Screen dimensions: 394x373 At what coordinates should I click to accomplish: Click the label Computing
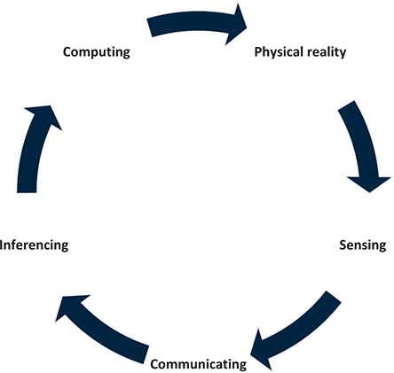click(x=97, y=52)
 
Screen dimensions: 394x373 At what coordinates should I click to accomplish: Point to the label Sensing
click(x=363, y=245)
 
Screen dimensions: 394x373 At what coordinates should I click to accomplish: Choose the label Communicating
click(x=199, y=364)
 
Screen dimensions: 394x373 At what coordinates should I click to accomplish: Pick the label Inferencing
click(x=34, y=245)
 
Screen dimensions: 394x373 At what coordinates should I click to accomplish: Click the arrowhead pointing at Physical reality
click(x=237, y=25)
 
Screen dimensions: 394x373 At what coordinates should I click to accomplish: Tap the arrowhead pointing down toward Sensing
click(x=369, y=183)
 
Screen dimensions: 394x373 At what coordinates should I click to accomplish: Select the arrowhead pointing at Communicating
click(x=260, y=350)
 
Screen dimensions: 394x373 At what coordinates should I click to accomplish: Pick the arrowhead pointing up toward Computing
click(x=44, y=116)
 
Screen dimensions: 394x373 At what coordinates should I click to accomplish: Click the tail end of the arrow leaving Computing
click(x=150, y=27)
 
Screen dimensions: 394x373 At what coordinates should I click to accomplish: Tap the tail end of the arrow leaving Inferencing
click(x=27, y=192)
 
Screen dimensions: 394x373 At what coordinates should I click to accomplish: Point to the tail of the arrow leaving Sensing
click(x=334, y=297)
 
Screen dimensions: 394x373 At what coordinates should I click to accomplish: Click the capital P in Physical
click(x=258, y=51)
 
